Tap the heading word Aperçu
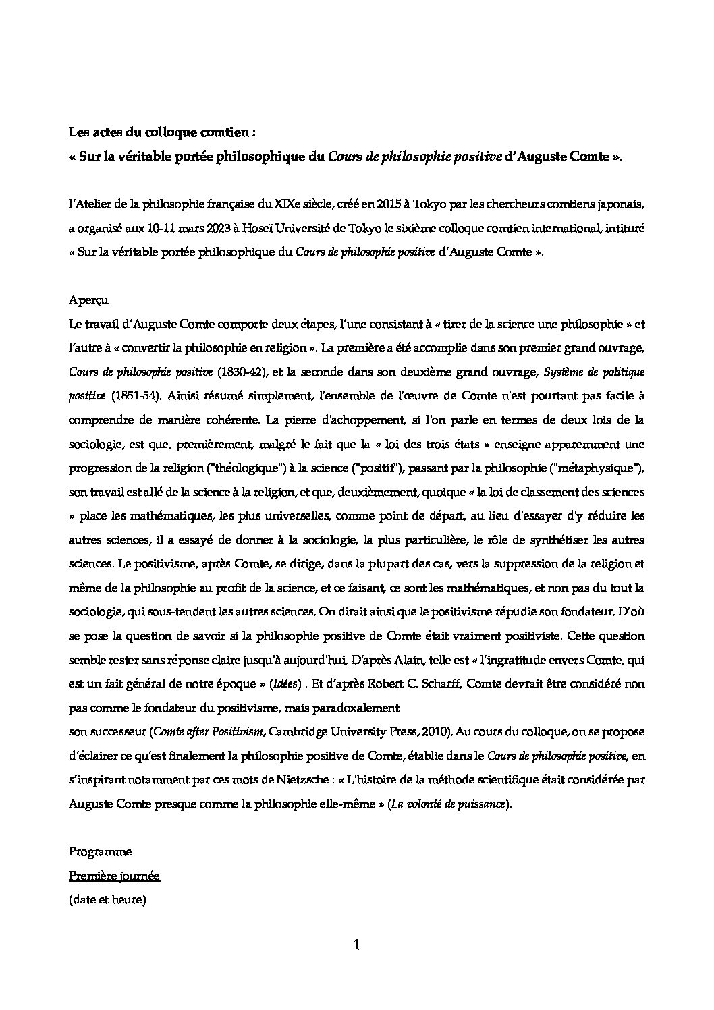[88, 300]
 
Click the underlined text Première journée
[114, 876]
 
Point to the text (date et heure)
[107, 900]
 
